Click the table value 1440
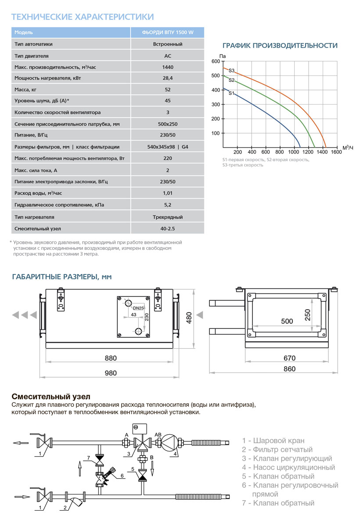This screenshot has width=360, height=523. click(x=167, y=67)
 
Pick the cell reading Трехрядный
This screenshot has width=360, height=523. click(x=168, y=217)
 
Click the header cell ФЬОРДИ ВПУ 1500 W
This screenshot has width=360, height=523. click(x=168, y=32)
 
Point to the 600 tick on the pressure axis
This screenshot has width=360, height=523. click(x=215, y=61)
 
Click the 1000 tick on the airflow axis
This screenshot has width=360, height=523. click(x=294, y=152)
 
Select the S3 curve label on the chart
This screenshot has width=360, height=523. click(x=231, y=71)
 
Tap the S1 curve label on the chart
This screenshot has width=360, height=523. click(x=231, y=93)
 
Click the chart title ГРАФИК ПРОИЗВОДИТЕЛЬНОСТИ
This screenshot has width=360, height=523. click(x=280, y=46)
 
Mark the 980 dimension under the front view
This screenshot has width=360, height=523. click(x=111, y=373)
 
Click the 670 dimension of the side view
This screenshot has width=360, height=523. click(x=289, y=358)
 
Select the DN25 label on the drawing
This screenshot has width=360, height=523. click(x=138, y=308)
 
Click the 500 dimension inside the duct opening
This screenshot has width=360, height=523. click(x=286, y=321)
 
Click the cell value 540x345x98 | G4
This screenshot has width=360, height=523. click(x=168, y=147)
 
